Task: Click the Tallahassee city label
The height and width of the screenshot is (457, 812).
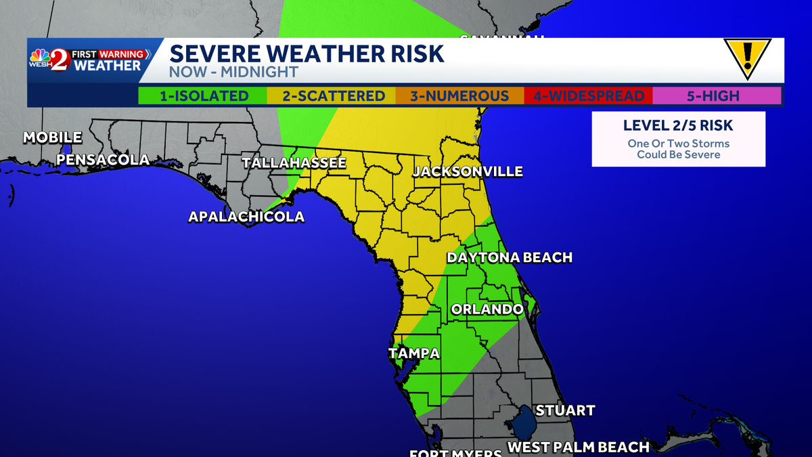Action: pos(294,163)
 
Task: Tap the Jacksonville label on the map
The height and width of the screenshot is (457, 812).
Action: pos(468,171)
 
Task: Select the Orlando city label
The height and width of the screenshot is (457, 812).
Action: pos(487,309)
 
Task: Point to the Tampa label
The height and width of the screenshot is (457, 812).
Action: pos(414,353)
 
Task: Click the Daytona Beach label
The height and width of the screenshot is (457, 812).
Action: pos(509,257)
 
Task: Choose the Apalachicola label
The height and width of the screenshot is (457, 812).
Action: pos(246,217)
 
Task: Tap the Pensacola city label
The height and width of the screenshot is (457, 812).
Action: pos(103,160)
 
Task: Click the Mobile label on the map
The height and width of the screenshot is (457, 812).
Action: pos(53,137)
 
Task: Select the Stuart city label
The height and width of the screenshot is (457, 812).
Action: pos(565,410)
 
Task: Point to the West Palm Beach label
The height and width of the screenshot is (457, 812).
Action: pos(579,447)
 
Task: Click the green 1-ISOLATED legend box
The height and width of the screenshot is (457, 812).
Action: pos(203,96)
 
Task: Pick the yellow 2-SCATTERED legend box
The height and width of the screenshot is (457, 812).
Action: pos(333,96)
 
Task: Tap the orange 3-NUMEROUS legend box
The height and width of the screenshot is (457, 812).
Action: pos(459,96)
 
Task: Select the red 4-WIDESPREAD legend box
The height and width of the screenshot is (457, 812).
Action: pos(588,96)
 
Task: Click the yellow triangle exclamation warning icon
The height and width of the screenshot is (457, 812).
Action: pos(747,58)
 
